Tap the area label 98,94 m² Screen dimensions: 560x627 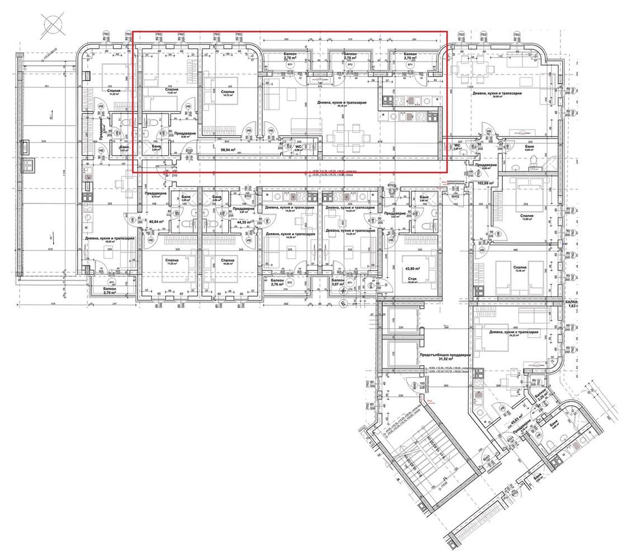[227, 150]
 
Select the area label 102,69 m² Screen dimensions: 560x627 [488, 182]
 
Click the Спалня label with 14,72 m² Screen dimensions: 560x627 [228, 92]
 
